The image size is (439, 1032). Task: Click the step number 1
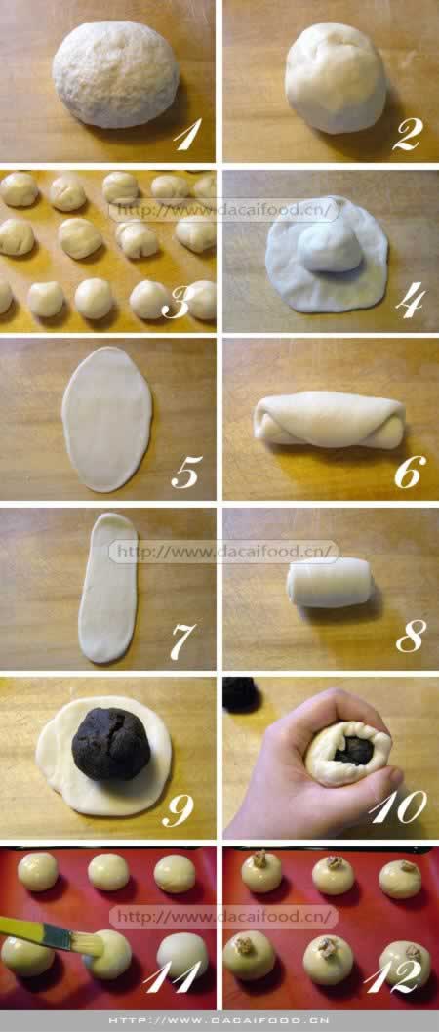[x=187, y=135]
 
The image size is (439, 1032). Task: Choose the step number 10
[x=398, y=805]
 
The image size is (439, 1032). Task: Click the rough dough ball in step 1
[x=115, y=74]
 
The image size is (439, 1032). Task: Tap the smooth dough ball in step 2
[x=336, y=77]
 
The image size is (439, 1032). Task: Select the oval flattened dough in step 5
[x=106, y=419]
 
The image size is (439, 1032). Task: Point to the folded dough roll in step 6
[x=329, y=420]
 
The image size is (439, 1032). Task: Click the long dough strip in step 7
[x=107, y=588]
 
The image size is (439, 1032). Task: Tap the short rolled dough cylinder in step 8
[x=330, y=583]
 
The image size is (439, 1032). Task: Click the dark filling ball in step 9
[x=111, y=744]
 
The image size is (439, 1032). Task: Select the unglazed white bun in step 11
[x=182, y=955]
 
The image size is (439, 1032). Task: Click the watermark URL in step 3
[x=223, y=210]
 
